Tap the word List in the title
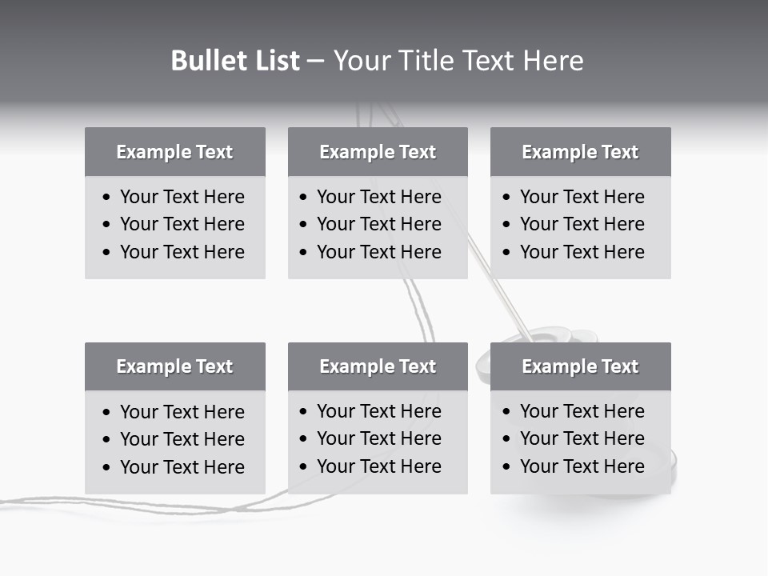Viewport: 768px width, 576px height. point(274,61)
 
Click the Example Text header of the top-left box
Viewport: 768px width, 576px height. point(174,152)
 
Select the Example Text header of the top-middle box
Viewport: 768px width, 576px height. point(378,152)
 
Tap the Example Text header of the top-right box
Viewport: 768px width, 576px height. point(580,152)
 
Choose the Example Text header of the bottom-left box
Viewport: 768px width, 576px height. point(174,366)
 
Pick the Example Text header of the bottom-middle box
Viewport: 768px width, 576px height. point(378,366)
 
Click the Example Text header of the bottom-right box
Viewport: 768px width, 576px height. point(580,366)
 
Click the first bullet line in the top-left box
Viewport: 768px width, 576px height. point(182,197)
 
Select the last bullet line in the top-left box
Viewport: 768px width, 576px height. point(182,252)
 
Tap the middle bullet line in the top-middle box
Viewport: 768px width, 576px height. point(378,224)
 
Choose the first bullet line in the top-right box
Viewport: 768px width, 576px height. point(582,197)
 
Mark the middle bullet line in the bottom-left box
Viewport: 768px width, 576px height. point(182,439)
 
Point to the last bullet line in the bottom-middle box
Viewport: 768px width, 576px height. point(378,466)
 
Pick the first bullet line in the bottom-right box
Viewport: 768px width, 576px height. point(582,411)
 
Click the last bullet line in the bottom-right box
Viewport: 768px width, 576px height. point(582,466)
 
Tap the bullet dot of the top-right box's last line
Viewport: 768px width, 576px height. point(506,253)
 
